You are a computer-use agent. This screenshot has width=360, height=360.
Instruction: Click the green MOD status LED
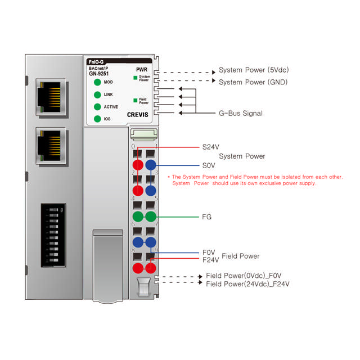[x=98, y=82]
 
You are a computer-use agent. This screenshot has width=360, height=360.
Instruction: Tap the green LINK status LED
[x=98, y=94]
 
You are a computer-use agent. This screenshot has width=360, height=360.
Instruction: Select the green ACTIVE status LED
[x=98, y=107]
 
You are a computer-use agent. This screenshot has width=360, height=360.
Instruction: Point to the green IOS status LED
[x=98, y=119]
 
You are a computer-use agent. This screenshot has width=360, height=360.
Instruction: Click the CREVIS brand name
[x=138, y=114]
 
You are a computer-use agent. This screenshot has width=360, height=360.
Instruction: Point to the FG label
[x=206, y=217]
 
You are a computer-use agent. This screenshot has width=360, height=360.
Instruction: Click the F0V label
[x=208, y=253]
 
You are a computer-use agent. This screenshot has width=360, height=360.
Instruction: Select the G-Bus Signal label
[x=240, y=113]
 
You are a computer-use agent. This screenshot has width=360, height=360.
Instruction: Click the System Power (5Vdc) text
[x=253, y=70]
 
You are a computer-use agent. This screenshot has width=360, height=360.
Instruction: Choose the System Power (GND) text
[x=253, y=82]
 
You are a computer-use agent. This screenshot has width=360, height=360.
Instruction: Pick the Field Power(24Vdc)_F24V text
[x=247, y=284]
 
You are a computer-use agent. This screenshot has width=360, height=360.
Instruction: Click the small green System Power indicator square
[x=135, y=77]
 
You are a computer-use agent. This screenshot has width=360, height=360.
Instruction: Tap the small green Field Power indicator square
[x=135, y=100]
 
